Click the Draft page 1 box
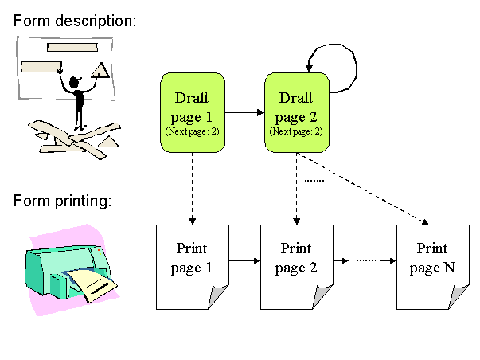(x=193, y=112)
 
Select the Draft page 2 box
(x=296, y=112)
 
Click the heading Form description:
(x=75, y=20)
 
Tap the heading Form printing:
(x=62, y=200)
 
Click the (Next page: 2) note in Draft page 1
(x=192, y=130)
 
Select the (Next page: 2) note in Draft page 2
(x=296, y=130)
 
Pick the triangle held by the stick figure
(x=101, y=71)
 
